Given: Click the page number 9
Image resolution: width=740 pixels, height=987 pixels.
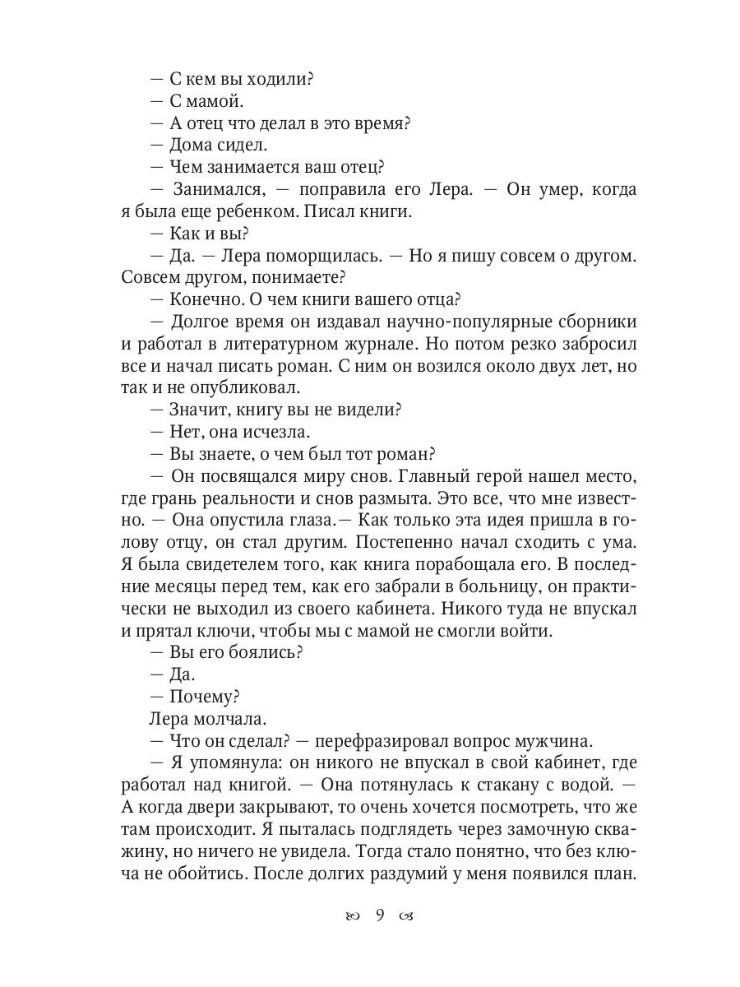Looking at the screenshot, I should pyautogui.click(x=379, y=916).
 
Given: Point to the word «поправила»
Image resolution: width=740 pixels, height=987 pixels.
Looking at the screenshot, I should pyautogui.click(x=338, y=189).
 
